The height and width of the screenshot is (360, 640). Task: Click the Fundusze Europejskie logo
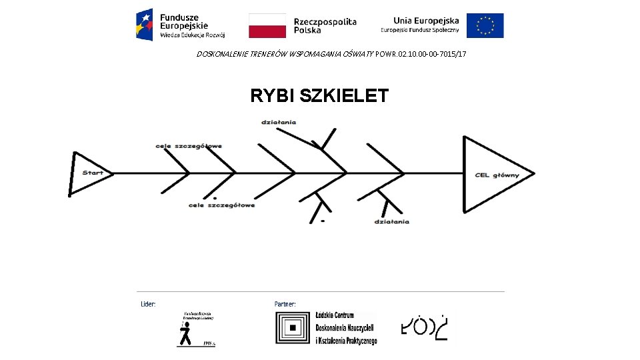(x=181, y=25)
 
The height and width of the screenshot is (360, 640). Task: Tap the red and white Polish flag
(x=267, y=25)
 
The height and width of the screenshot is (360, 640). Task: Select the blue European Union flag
(x=485, y=25)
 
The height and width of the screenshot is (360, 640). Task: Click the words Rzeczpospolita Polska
(x=325, y=25)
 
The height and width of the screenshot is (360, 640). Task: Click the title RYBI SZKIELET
(x=319, y=96)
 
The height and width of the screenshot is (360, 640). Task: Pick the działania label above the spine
(x=279, y=122)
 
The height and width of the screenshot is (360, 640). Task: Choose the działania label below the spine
(x=392, y=221)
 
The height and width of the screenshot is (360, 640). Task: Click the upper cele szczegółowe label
(x=189, y=146)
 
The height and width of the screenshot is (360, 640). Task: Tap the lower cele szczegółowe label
(x=221, y=205)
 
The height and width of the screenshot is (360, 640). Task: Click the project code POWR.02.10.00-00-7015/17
(x=421, y=53)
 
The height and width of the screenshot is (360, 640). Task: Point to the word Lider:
(x=148, y=304)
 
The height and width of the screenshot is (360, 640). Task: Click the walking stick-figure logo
(x=193, y=329)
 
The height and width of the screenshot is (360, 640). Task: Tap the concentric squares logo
(x=293, y=328)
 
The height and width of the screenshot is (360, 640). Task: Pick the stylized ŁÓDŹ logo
(x=424, y=326)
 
